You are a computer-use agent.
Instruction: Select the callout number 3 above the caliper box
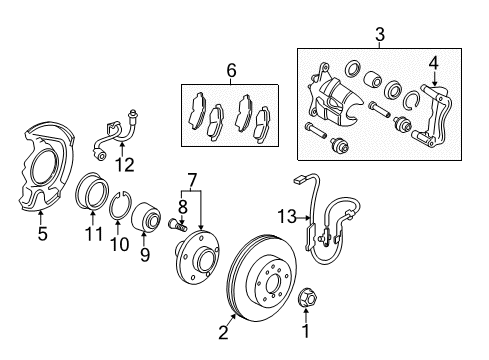click(379, 37)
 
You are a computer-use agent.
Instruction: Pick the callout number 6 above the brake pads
click(231, 71)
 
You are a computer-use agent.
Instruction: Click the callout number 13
click(287, 243)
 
